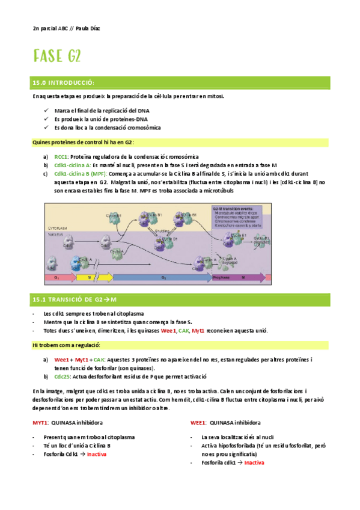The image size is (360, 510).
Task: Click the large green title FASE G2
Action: coord(57,57)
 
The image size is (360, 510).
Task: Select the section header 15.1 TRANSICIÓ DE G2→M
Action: coord(74,299)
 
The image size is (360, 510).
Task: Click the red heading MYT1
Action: coord(40,423)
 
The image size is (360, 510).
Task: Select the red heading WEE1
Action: coord(198,423)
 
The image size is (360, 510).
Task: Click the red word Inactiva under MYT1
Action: coord(97,454)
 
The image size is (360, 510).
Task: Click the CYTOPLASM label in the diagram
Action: coord(58,229)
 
